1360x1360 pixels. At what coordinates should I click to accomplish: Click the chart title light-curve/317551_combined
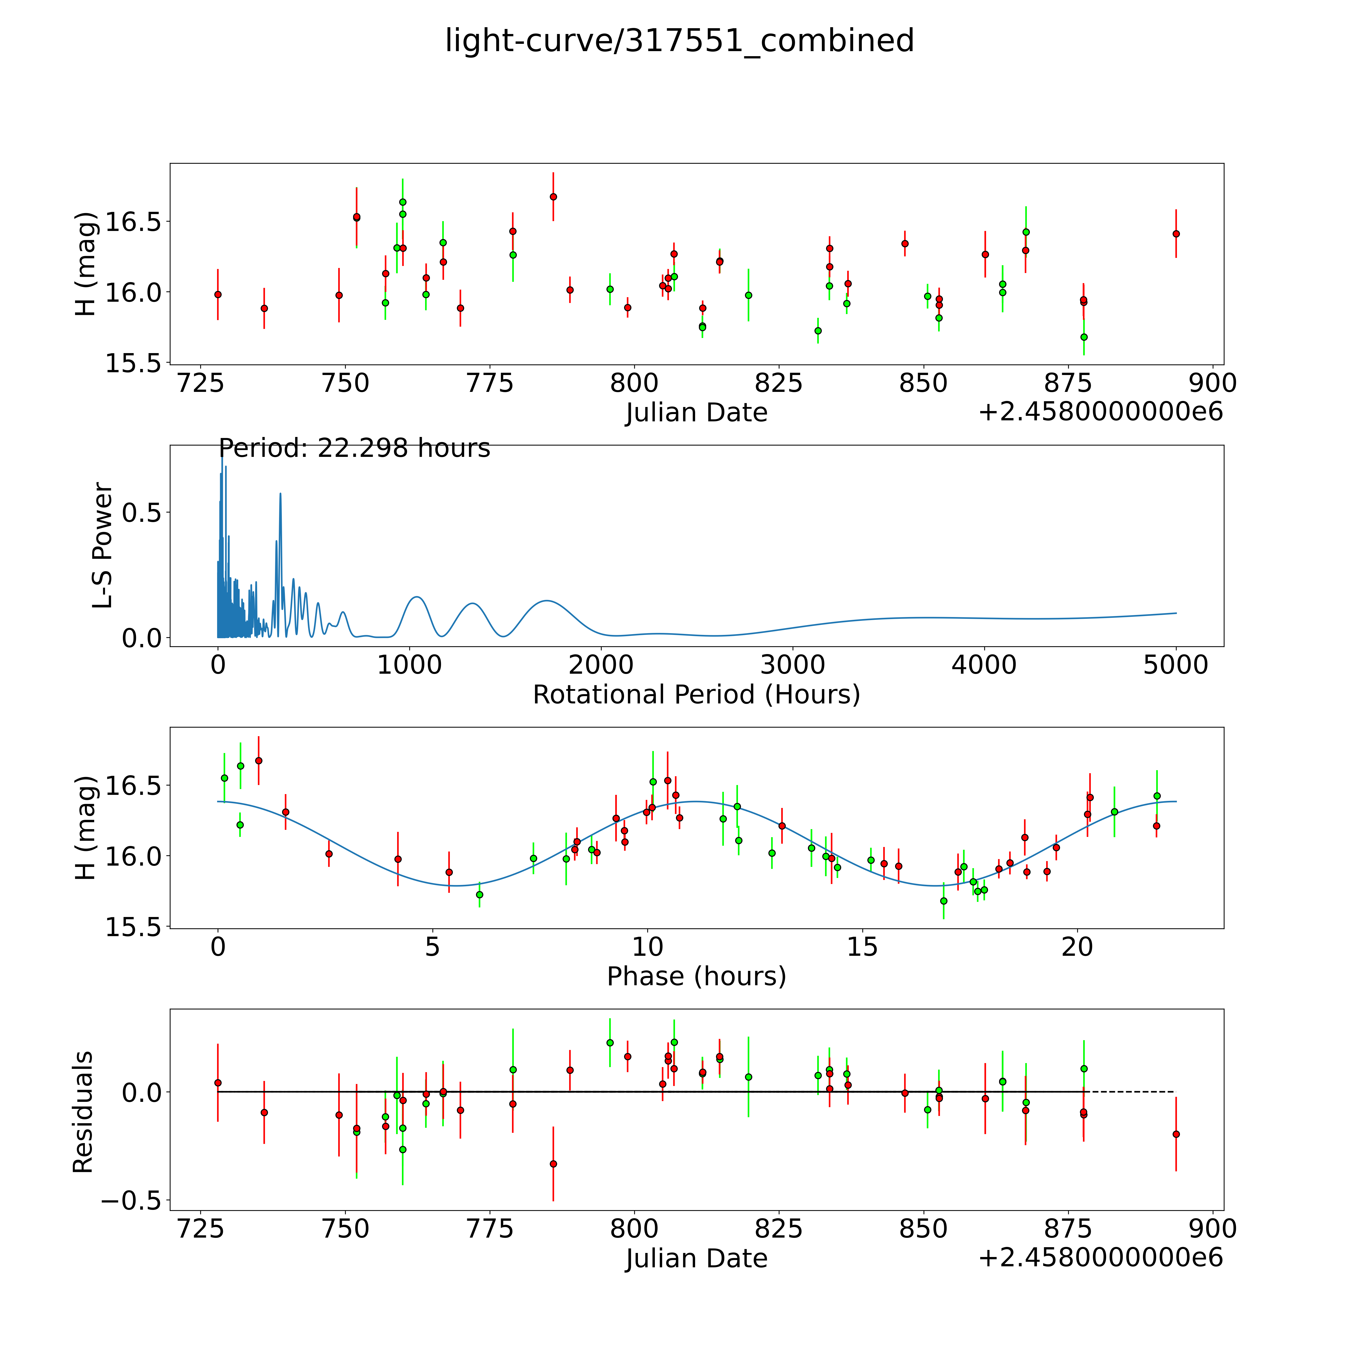[679, 41]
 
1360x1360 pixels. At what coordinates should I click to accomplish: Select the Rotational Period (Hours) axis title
[696, 695]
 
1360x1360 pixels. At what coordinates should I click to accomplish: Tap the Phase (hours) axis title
[696, 976]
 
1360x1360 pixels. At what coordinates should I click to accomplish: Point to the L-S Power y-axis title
[103, 546]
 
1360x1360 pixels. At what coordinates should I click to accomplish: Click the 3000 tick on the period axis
[793, 665]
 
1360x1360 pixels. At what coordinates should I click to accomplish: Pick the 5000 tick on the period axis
[1176, 665]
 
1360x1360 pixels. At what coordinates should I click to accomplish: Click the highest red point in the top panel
[553, 196]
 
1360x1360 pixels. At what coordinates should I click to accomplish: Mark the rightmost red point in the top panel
[1176, 234]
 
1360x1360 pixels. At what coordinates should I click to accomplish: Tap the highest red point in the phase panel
[258, 760]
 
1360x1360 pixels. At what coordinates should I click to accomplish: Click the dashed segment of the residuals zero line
[1130, 1092]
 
